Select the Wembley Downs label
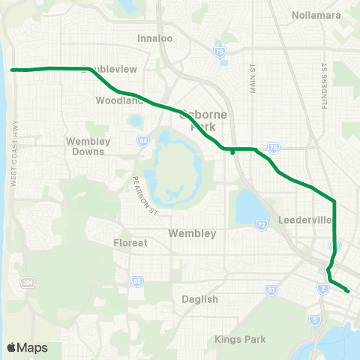click(x=88, y=145)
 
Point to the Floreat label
click(x=130, y=243)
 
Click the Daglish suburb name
click(x=199, y=298)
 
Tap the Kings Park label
click(x=240, y=340)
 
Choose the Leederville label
click(x=299, y=221)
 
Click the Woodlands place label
click(x=119, y=100)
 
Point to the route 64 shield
click(x=142, y=140)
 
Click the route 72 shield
click(x=261, y=225)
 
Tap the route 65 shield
click(x=137, y=281)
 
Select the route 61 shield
click(x=271, y=289)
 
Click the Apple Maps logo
click(x=27, y=347)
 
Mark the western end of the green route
click(x=12, y=70)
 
